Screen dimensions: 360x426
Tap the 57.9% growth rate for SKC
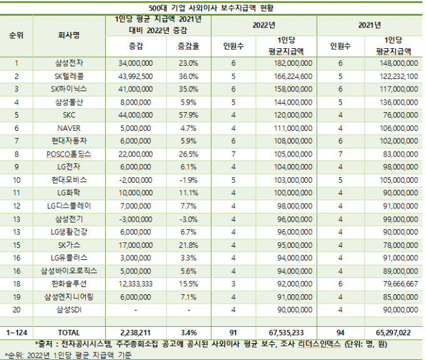click(x=188, y=116)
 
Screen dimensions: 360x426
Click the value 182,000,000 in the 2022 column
click(x=291, y=63)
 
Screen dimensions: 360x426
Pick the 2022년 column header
click(x=263, y=25)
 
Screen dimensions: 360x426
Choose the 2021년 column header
click(x=369, y=25)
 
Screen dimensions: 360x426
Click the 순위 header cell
click(x=17, y=35)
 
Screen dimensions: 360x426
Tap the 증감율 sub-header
click(x=188, y=46)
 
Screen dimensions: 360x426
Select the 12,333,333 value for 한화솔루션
click(x=135, y=284)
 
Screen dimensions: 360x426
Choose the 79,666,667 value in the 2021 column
click(x=397, y=284)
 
